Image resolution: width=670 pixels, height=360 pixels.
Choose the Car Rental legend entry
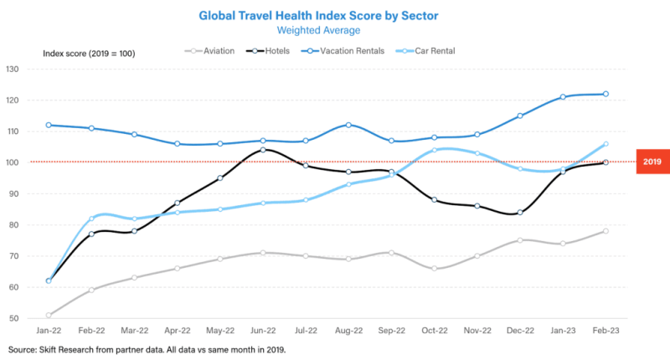[443, 51]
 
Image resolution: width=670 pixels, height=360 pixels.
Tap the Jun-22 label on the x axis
[264, 332]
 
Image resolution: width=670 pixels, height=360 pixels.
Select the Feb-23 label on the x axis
[606, 332]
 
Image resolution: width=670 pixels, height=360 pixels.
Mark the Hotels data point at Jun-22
[264, 150]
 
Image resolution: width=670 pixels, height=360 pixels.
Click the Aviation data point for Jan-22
[49, 316]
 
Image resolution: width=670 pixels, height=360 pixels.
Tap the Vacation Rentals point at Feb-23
[606, 94]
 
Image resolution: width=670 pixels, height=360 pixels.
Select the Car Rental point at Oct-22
[435, 150]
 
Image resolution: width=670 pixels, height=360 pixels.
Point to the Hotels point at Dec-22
[520, 213]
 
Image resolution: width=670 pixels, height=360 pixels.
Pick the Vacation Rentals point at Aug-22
[349, 125]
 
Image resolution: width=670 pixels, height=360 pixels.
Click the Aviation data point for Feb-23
[606, 231]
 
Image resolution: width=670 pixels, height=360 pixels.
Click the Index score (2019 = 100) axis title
[89, 54]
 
